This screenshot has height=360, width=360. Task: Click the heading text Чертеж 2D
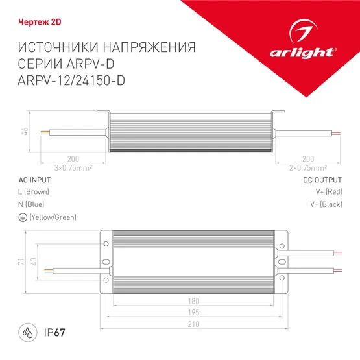point(30,20)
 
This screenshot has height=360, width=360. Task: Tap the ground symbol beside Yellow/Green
point(23,217)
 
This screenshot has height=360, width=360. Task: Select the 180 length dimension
point(193,301)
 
